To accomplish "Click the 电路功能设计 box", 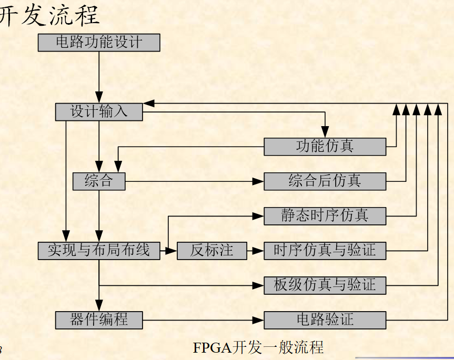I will (x=99, y=43).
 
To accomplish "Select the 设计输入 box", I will (x=99, y=112).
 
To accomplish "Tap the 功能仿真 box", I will (x=325, y=147).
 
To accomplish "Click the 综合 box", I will (x=99, y=181).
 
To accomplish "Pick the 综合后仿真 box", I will (x=325, y=181).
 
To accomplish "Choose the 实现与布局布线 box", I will (x=99, y=251).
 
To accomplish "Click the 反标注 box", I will (x=211, y=251).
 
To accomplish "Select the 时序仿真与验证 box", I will (x=325, y=251).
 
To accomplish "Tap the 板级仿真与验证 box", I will (x=325, y=285).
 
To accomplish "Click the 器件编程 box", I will (x=99, y=320).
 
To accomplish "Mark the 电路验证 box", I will (x=325, y=320).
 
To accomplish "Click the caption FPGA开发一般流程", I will (x=258, y=347).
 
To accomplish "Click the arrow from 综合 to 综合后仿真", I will (x=195, y=181).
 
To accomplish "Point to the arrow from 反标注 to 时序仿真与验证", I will (x=255, y=251).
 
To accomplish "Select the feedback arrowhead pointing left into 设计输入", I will (x=149, y=103).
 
